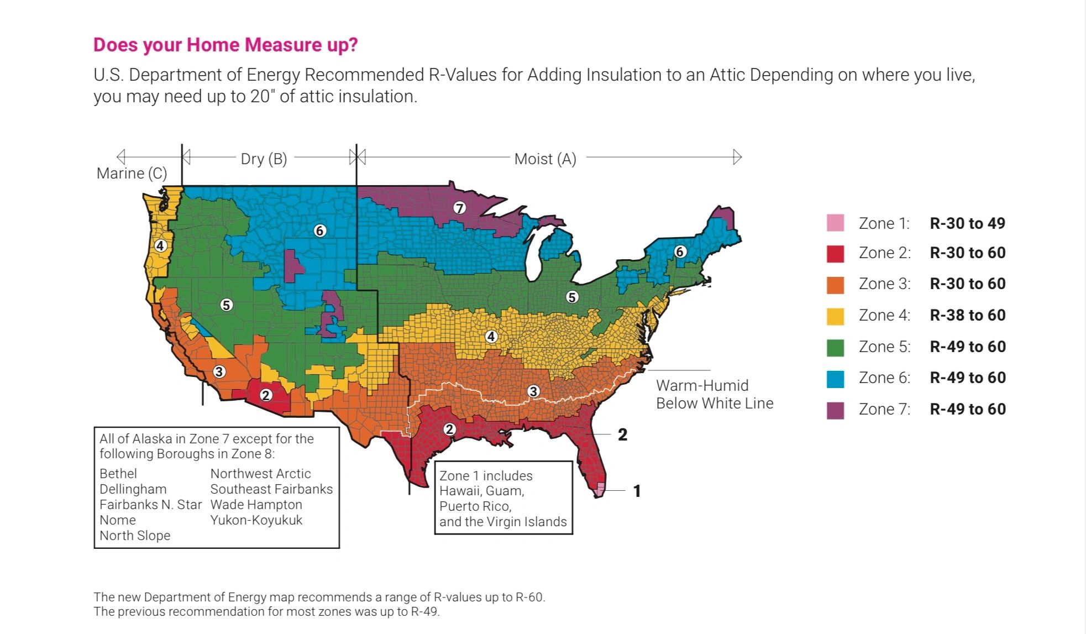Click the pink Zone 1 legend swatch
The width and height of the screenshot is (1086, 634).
coord(835,223)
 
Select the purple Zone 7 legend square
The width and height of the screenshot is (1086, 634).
coord(835,410)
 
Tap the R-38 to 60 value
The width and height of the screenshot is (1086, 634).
coord(967,315)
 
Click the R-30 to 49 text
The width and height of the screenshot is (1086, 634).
coord(967,223)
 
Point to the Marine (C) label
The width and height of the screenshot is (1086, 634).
coord(132,174)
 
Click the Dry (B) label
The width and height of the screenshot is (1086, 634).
coord(264,159)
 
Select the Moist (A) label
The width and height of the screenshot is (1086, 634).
coord(545,159)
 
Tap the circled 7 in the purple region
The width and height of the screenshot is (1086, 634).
coord(459,208)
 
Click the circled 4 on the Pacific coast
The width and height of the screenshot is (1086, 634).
coord(160,245)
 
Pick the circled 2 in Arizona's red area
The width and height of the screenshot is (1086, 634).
coord(266,395)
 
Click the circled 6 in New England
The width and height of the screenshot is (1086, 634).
coord(680,252)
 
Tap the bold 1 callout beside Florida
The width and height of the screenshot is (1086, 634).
coord(637,491)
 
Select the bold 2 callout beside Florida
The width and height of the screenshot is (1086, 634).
coord(622,434)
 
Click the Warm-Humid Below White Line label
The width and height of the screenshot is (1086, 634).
coord(714,394)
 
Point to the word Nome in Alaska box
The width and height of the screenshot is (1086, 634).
coord(118,520)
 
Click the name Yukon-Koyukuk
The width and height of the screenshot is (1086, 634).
coord(256,520)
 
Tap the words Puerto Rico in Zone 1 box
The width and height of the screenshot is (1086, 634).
coord(475,506)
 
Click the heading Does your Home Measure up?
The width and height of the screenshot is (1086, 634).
coord(225,45)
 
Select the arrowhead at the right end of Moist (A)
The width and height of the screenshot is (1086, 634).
coord(737,157)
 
